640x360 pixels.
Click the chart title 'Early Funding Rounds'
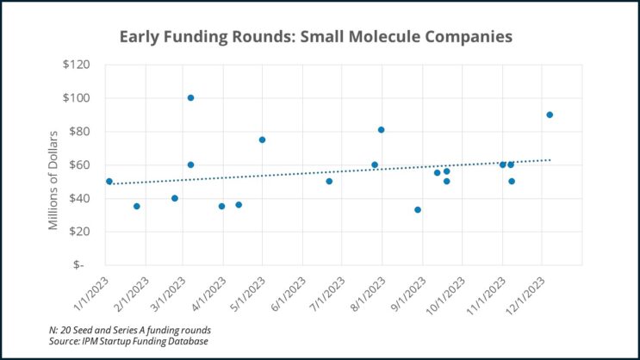point(316,37)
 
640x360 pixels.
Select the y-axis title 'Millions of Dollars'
point(53,179)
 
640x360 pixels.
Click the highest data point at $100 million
point(190,97)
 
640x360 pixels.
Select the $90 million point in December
point(550,115)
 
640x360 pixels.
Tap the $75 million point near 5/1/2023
point(262,140)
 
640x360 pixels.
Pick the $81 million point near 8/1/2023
point(381,130)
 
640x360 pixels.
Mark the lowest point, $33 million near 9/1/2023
point(418,209)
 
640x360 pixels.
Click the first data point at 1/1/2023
point(109,181)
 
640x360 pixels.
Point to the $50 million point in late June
point(329,181)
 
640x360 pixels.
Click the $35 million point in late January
point(136,206)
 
